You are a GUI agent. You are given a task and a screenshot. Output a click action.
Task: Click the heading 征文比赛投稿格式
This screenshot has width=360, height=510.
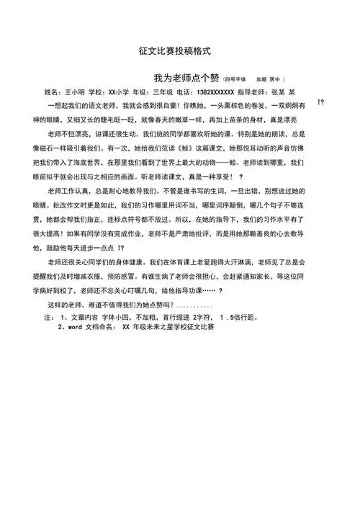tap(176, 52)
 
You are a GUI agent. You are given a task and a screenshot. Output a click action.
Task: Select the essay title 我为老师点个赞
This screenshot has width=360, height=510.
tap(185, 77)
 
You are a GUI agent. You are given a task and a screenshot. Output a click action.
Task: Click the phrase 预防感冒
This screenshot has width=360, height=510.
tap(145, 274)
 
